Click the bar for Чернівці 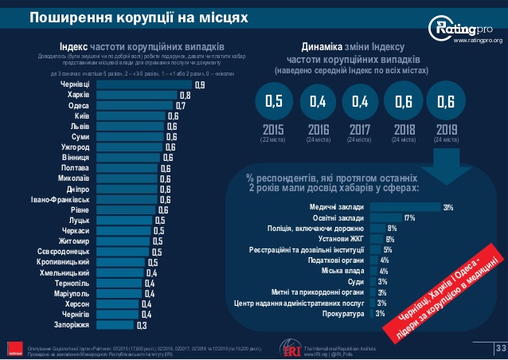pos(143,84)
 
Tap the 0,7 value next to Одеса pos(181,104)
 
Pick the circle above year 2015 pos(274,101)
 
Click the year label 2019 pos(446,131)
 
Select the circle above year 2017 pos(360,101)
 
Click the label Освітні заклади pos(340,217)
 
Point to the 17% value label pos(410,217)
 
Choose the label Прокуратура pos(342,314)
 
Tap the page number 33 pos(501,347)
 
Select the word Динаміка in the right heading pos(326,46)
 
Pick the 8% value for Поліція pos(392,228)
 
